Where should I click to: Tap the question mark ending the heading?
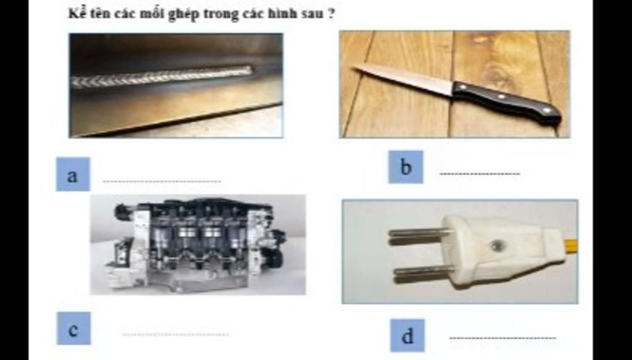coord(331,13)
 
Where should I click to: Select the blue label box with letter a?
coord(73,174)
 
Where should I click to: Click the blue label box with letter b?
coord(405,167)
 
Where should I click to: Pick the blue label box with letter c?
coord(73,329)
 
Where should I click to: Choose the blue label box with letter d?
coord(407,336)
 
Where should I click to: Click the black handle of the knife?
coord(506,101)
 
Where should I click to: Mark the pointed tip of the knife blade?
coord(355,66)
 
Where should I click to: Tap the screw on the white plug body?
coord(496,245)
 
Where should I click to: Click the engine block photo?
coord(197,245)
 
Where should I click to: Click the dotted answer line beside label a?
coord(161,182)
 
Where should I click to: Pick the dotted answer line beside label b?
coord(480,174)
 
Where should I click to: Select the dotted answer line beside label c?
coord(176,335)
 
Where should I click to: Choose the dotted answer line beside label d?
coord(502,338)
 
